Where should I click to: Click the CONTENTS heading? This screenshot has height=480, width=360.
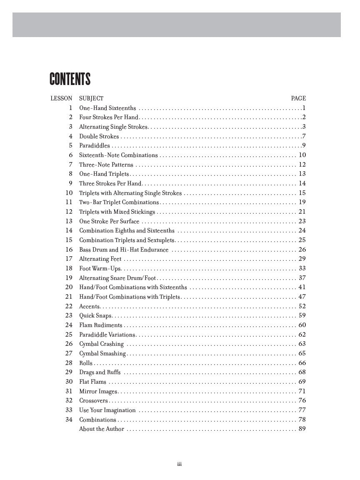pos(70,79)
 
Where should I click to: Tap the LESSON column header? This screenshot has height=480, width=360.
pos(61,98)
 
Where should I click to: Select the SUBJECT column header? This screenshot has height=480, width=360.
pos(91,98)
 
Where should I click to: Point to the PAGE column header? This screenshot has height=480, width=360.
pos(298,98)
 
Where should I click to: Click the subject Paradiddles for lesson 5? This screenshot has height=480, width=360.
pos(95,145)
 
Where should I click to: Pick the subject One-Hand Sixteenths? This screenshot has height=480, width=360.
pos(107,108)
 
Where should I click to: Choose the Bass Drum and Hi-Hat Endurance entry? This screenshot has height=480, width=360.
pos(124,250)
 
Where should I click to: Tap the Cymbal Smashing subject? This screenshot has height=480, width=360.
pos(102,353)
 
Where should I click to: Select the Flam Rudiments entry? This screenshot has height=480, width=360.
pos(101,325)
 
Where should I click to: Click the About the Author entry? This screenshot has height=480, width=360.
pos(102,429)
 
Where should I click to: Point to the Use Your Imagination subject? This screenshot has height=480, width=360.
pos(107,410)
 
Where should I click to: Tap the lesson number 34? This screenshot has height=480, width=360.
pos(69,419)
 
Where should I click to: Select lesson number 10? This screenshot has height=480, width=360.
pos(69,193)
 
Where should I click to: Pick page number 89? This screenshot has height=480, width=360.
pos(302,429)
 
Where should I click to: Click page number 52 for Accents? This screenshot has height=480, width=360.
pos(302,306)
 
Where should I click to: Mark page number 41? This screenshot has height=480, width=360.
pos(302,287)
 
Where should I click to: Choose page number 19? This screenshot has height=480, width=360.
pos(302,202)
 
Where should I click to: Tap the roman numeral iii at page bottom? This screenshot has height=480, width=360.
pos(180,464)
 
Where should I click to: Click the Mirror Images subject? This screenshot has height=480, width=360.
pos(98,391)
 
